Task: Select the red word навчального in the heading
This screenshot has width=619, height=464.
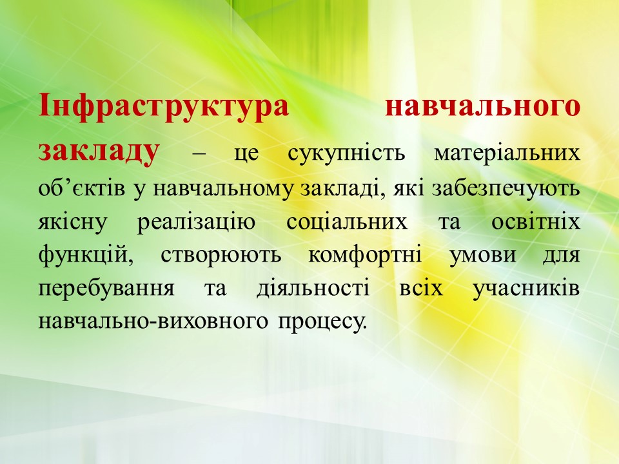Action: coord(482,106)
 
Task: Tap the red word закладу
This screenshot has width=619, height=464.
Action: coord(99,151)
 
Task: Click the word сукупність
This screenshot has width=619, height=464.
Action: coord(346,153)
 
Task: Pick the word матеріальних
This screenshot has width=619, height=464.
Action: coord(507,153)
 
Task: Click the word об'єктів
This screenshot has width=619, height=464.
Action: coord(82,189)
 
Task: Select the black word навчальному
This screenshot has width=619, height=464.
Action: coord(223,189)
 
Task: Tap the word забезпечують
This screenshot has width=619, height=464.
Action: coord(506,189)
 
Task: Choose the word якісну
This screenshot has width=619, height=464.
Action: coord(73,222)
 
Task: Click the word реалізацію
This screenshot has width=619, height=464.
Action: coord(196,222)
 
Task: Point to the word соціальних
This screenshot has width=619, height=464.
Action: coord(347,222)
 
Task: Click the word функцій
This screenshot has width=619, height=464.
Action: coord(86,255)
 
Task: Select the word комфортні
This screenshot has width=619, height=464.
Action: coord(365,255)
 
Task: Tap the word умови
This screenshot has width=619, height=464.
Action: coord(483,255)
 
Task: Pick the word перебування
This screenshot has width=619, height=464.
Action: coord(106,289)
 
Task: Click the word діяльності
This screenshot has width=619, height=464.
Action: coord(313,289)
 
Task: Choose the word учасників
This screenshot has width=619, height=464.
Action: coord(526,289)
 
